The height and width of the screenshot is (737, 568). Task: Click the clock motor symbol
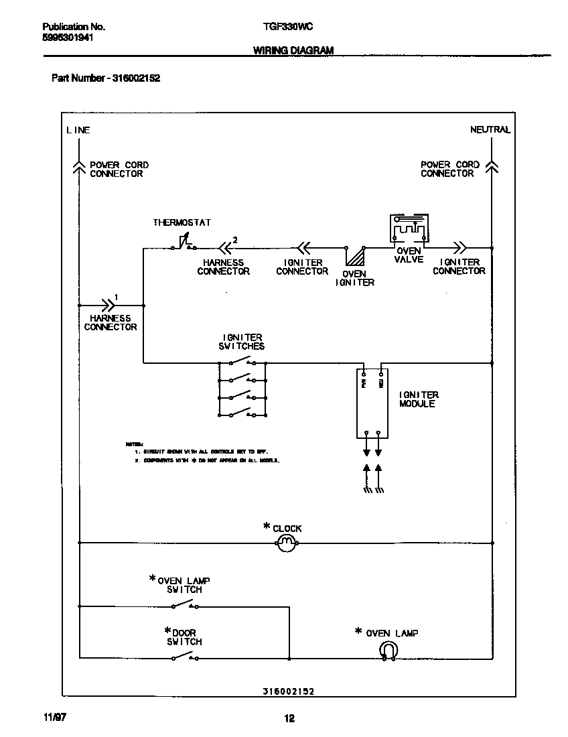click(x=286, y=543)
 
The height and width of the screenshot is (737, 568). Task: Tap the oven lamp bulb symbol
click(x=388, y=650)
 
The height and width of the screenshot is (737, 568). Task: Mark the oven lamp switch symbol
click(x=184, y=606)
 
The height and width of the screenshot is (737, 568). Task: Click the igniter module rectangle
click(x=372, y=403)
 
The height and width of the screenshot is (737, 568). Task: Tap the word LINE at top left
click(x=78, y=131)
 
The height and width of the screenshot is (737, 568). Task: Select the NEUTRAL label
click(x=490, y=130)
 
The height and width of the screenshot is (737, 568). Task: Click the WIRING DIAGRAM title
click(x=293, y=51)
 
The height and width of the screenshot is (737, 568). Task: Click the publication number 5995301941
click(x=67, y=38)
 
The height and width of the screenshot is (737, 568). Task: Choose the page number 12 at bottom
click(x=289, y=719)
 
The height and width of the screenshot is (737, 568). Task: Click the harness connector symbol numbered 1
click(x=107, y=305)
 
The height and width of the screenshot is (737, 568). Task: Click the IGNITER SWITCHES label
click(x=241, y=342)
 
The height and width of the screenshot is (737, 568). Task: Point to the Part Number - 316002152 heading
click(x=106, y=78)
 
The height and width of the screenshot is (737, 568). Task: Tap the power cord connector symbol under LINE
click(x=79, y=167)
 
